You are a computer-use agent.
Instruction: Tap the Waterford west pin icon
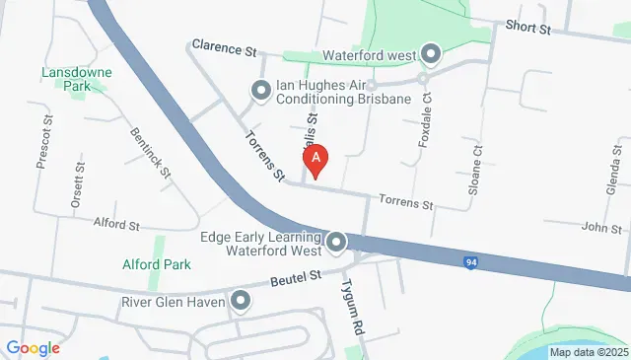[x=431, y=53]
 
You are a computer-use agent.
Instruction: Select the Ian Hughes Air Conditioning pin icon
[x=261, y=92]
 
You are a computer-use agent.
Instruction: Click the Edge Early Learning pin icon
[x=336, y=242]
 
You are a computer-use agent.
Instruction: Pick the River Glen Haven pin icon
[x=240, y=301]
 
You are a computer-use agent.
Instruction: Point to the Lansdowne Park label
[x=77, y=79]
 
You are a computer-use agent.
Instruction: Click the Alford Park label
[x=155, y=264]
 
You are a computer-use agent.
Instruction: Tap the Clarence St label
[x=224, y=46]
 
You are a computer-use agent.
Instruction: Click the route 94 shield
[x=472, y=262]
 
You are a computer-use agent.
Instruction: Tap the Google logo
[x=33, y=347]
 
